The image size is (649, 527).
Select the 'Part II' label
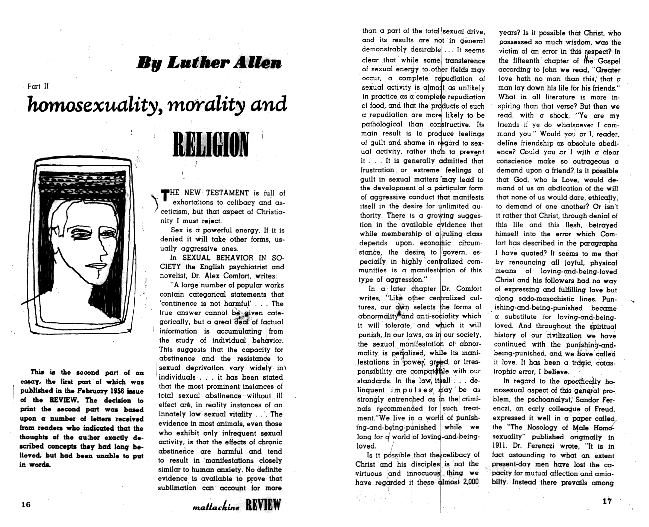pos(38,86)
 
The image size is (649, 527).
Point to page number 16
pos(26,504)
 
